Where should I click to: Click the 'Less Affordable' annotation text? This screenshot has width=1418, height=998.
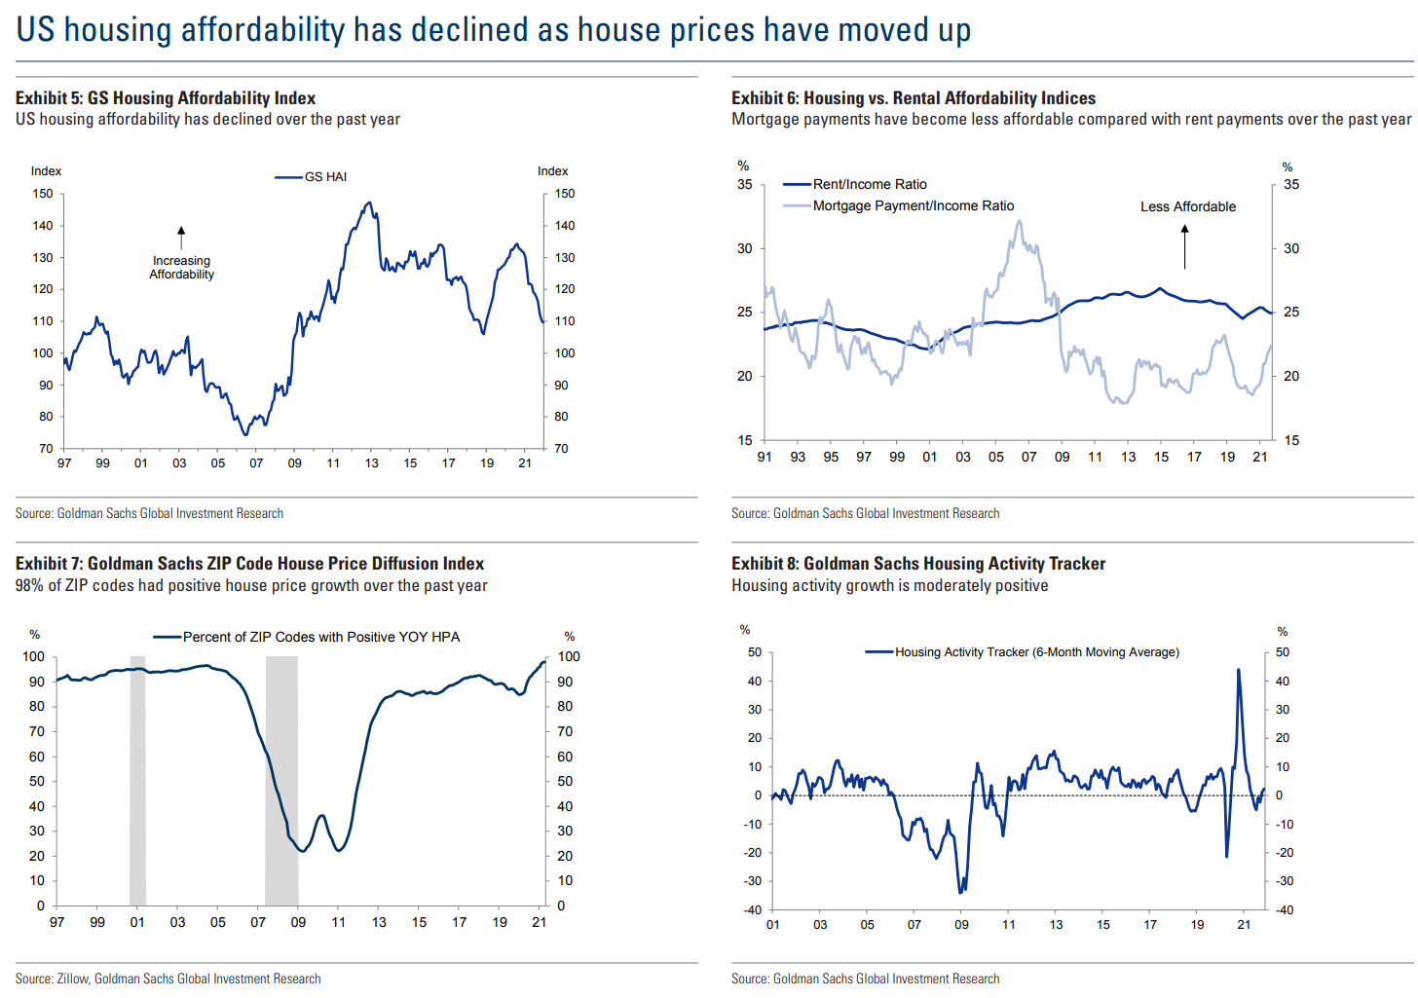[1188, 206]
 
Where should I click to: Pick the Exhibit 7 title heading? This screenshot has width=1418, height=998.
[249, 564]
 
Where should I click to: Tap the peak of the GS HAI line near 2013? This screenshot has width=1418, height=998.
[368, 203]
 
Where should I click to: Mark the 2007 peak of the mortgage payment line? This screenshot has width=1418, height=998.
[1020, 221]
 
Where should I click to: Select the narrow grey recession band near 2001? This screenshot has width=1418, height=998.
[137, 779]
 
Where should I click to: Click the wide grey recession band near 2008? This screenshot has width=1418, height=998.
[281, 779]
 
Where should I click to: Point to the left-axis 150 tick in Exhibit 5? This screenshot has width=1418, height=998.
[43, 194]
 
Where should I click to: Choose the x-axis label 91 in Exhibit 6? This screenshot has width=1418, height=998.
[765, 457]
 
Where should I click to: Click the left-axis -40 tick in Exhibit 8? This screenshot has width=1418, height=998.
[753, 910]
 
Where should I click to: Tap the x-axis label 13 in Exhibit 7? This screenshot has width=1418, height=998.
[379, 922]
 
